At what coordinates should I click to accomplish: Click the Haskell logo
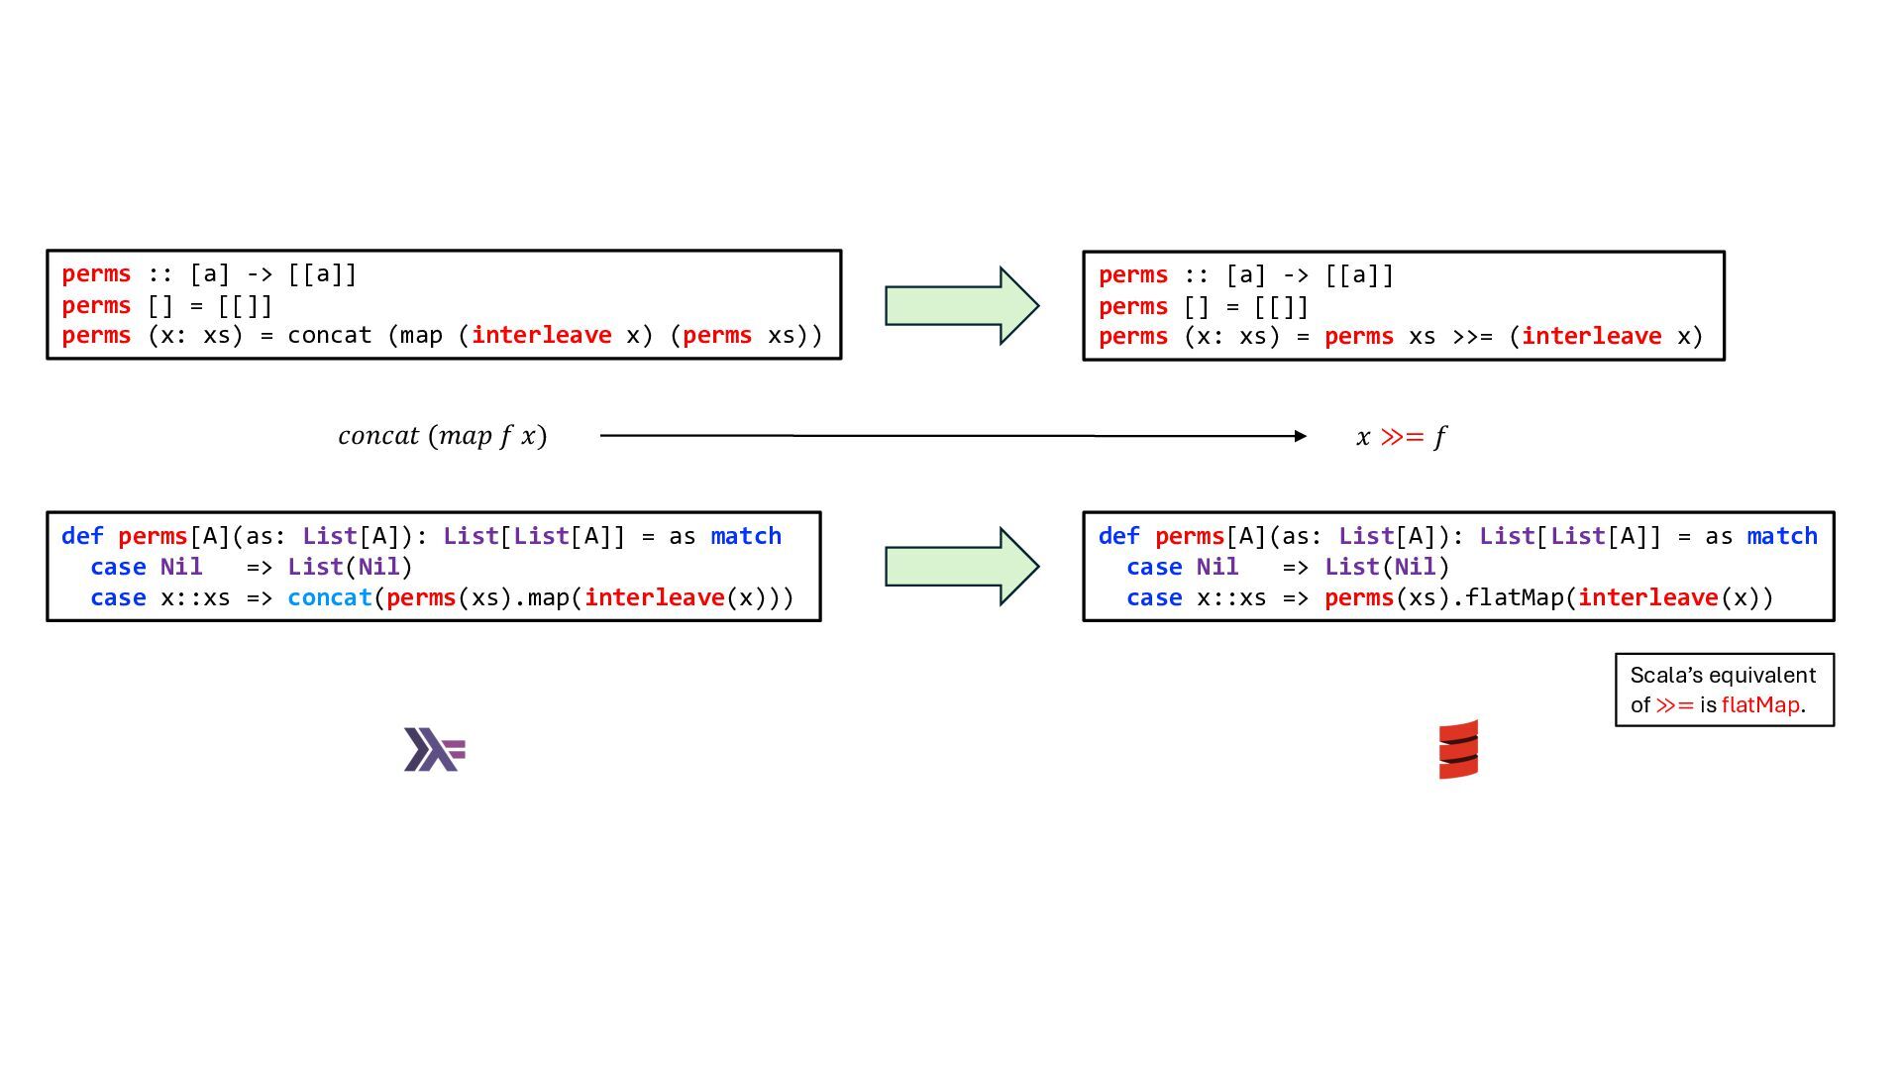pyautogui.click(x=434, y=749)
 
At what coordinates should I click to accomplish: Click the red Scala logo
pyautogui.click(x=1458, y=749)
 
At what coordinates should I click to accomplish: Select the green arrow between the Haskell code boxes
pyautogui.click(x=961, y=305)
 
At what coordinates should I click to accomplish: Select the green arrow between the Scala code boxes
pyautogui.click(x=961, y=566)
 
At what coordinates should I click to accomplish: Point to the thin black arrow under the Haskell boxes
pyautogui.click(x=951, y=436)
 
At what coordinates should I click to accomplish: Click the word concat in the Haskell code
pyautogui.click(x=329, y=336)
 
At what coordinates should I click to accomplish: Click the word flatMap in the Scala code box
pyautogui.click(x=1516, y=597)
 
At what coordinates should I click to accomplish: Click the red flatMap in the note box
pyautogui.click(x=1760, y=704)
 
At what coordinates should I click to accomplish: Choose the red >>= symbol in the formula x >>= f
pyautogui.click(x=1402, y=436)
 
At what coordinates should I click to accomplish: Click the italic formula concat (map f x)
pyautogui.click(x=442, y=436)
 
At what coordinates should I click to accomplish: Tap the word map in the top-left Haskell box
pyautogui.click(x=421, y=336)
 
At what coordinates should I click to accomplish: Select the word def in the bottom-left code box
pyautogui.click(x=82, y=536)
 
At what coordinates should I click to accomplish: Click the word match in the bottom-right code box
pyautogui.click(x=1782, y=536)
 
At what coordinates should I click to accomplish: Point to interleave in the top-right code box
pyautogui.click(x=1591, y=337)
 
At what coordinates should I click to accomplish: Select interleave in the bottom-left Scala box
pyautogui.click(x=654, y=597)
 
